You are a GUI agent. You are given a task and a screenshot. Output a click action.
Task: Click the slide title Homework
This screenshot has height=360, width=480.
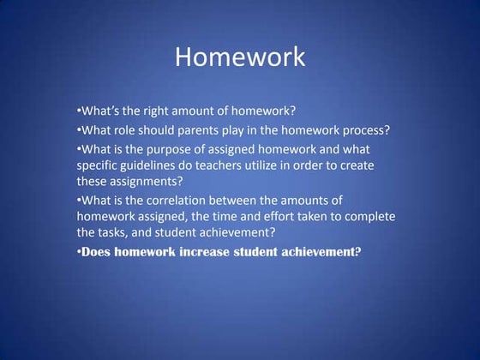coord(239,57)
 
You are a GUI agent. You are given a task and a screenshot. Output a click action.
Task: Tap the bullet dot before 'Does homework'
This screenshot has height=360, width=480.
coord(78,252)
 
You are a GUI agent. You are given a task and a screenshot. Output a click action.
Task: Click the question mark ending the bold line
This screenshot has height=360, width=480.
coord(358,252)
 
